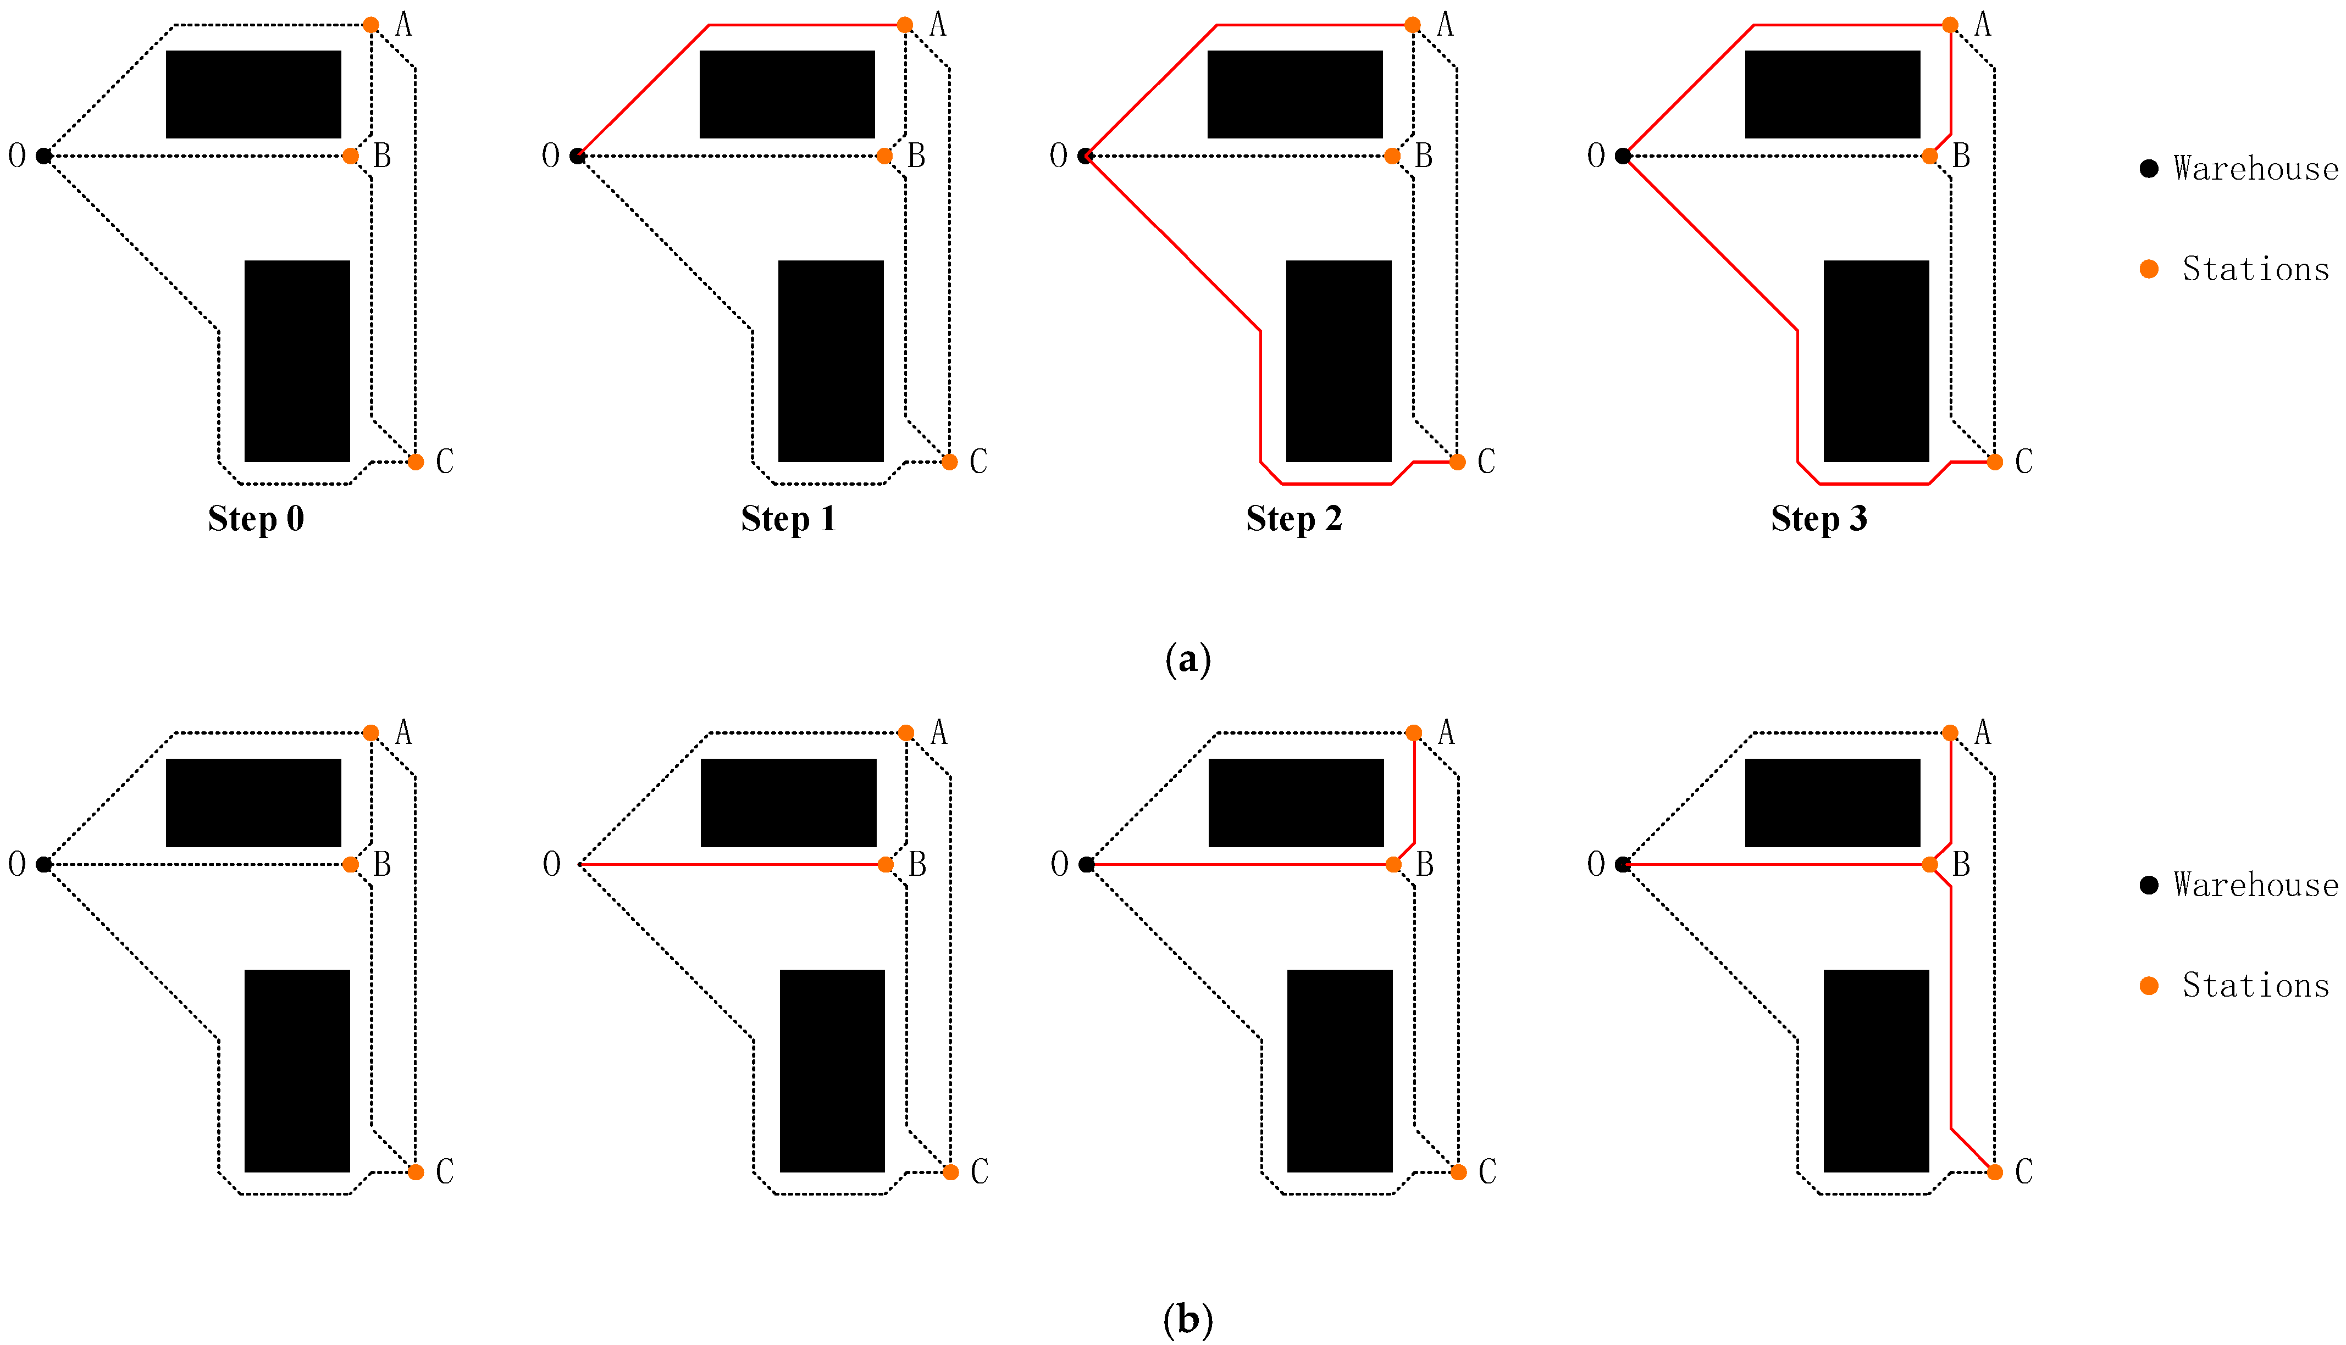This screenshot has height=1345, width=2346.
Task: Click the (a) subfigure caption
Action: click(1187, 659)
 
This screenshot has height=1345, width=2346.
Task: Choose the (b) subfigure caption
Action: click(1187, 1319)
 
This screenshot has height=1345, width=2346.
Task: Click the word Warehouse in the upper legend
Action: click(2255, 168)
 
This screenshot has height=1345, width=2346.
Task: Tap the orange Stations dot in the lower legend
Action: click(2149, 986)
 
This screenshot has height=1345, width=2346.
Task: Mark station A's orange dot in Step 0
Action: click(370, 25)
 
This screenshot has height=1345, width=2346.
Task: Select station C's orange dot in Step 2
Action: click(1457, 462)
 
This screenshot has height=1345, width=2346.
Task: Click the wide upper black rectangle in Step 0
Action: click(253, 94)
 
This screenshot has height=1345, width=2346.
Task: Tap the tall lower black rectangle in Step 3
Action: click(1875, 360)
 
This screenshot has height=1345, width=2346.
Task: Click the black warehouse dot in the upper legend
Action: click(2149, 168)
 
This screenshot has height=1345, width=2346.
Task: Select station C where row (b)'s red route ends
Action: click(1995, 1172)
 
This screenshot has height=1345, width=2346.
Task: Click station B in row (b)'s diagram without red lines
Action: click(350, 865)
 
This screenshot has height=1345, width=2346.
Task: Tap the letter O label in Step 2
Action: click(1059, 155)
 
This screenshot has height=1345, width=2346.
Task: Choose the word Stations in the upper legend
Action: click(2255, 269)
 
